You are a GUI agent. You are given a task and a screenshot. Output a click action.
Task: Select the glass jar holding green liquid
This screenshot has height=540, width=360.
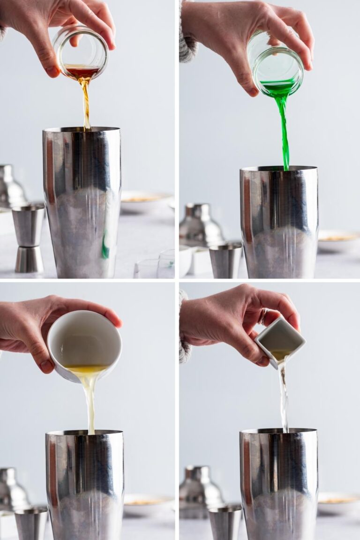277,66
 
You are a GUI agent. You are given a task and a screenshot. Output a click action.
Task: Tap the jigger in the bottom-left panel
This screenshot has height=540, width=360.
30,523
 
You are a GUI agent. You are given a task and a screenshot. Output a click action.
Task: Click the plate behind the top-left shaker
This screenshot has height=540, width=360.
145,199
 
